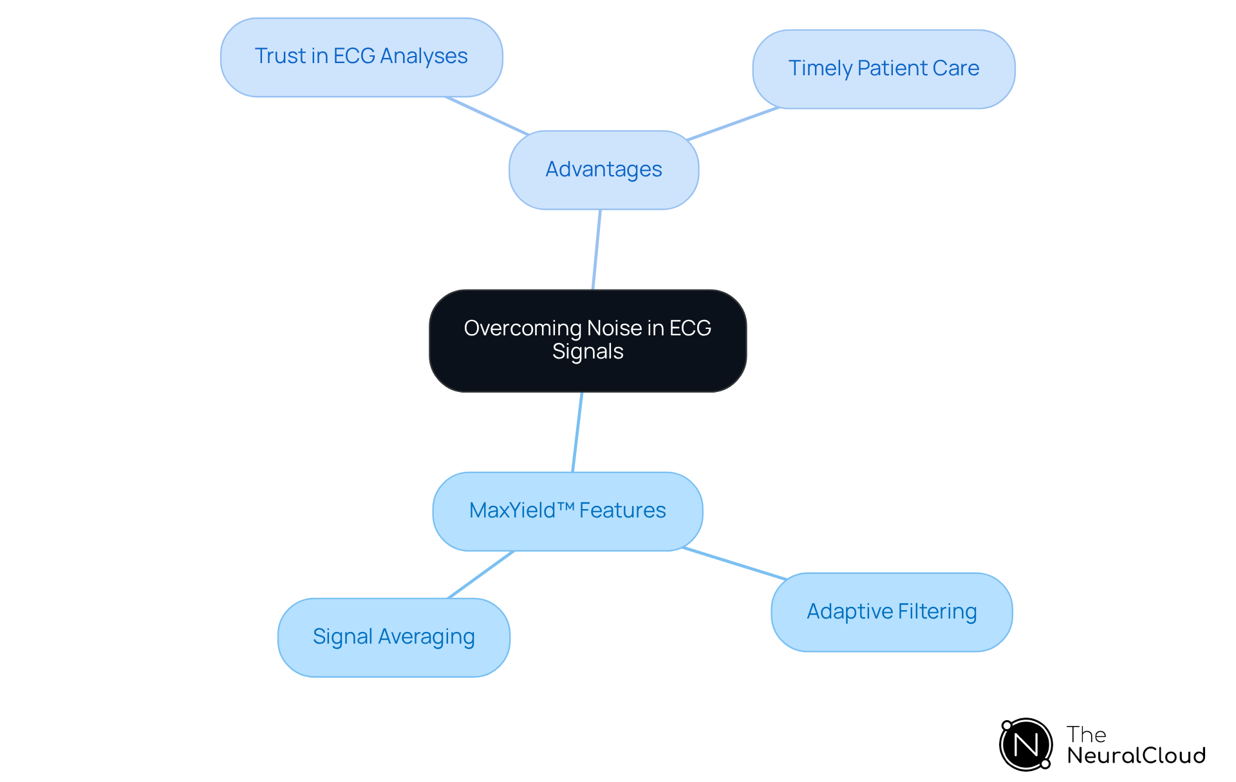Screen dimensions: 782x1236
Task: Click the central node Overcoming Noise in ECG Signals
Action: pos(587,340)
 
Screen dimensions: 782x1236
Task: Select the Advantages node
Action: pos(603,170)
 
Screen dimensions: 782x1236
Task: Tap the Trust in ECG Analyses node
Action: pos(361,57)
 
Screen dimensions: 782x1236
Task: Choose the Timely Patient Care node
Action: pos(883,69)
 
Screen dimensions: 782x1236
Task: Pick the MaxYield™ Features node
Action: pos(567,511)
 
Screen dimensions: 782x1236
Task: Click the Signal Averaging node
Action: pos(393,637)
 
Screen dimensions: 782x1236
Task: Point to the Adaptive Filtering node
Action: pos(891,612)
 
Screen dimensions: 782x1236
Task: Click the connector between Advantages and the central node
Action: pos(596,250)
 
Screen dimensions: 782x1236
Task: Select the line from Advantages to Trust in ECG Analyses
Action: pos(486,116)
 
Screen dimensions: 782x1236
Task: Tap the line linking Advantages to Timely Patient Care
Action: pos(733,124)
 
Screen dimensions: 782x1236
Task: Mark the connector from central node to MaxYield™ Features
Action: pos(577,432)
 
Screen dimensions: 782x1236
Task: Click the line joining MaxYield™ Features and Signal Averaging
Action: pos(480,575)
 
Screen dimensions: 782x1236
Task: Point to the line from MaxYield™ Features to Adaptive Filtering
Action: pos(734,564)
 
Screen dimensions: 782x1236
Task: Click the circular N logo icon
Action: pos(1025,745)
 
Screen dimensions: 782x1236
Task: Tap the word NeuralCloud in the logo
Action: pos(1136,756)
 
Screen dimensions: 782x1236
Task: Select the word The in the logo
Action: pos(1086,734)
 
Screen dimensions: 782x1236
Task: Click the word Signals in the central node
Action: pos(588,352)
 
